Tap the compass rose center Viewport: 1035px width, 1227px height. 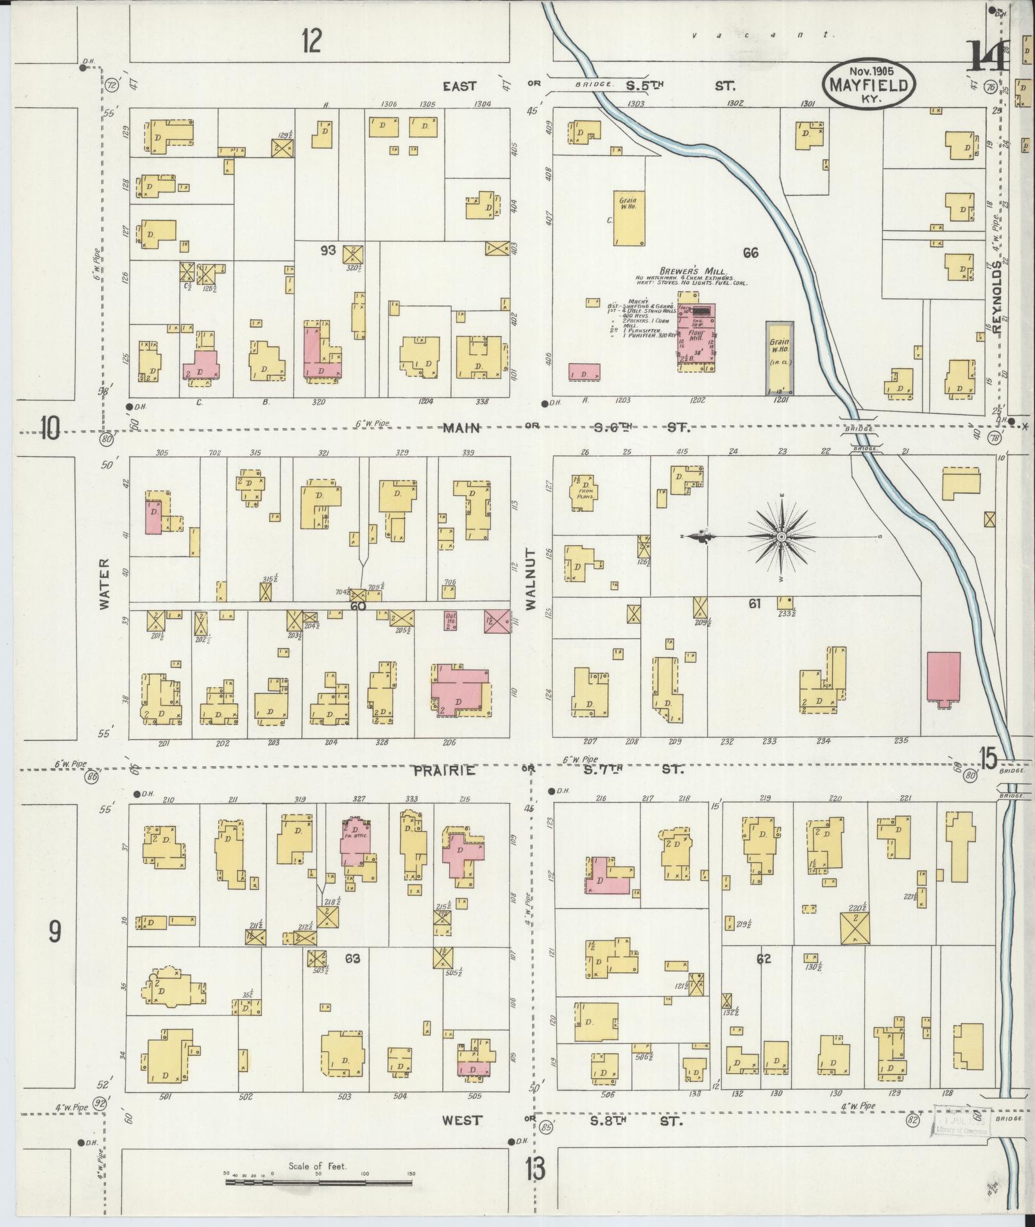pyautogui.click(x=782, y=536)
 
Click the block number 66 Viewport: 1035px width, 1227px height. pyautogui.click(x=750, y=253)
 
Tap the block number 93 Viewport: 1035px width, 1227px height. pyautogui.click(x=329, y=251)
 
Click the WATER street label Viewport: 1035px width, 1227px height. pyautogui.click(x=105, y=591)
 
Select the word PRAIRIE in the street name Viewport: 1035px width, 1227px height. pyautogui.click(x=444, y=770)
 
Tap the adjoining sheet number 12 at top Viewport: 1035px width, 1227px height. pyautogui.click(x=311, y=42)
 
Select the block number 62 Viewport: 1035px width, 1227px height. pyautogui.click(x=763, y=959)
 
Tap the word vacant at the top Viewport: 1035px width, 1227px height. pyautogui.click(x=764, y=36)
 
